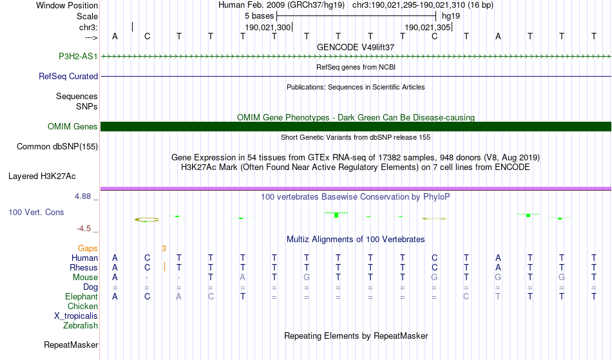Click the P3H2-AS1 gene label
pyautogui.click(x=78, y=56)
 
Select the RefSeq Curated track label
pyautogui.click(x=68, y=77)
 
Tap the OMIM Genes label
pyautogui.click(x=73, y=126)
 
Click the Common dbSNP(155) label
pyautogui.click(x=57, y=147)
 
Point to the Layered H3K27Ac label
pyautogui.click(x=42, y=176)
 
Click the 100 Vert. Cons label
pyautogui.click(x=36, y=212)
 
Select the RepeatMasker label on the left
pyautogui.click(x=71, y=345)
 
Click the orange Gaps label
pyautogui.click(x=88, y=249)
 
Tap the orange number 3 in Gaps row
pyautogui.click(x=164, y=249)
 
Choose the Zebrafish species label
pyautogui.click(x=81, y=325)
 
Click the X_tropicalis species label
pyautogui.click(x=76, y=316)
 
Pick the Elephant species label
pyautogui.click(x=81, y=297)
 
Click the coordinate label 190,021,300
pyautogui.click(x=268, y=27)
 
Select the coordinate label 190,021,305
pyautogui.click(x=428, y=27)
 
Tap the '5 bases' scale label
pyautogui.click(x=259, y=16)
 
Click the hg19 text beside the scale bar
pyautogui.click(x=451, y=16)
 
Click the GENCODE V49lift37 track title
pyautogui.click(x=356, y=47)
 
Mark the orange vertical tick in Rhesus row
pyautogui.click(x=165, y=267)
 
